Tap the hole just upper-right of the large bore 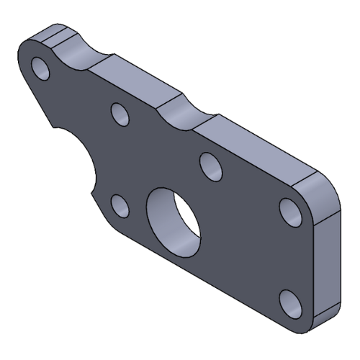coord(210,166)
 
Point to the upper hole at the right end coord(289,211)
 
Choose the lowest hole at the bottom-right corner coord(290,302)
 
